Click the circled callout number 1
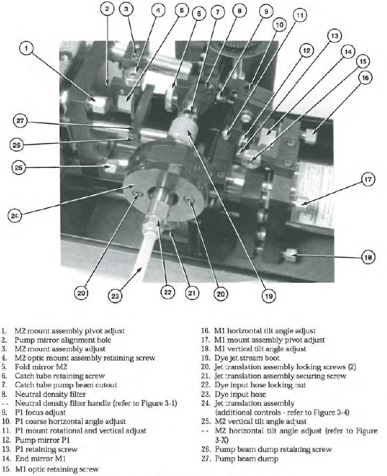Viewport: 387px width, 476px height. (27, 48)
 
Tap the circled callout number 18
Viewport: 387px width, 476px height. (368, 257)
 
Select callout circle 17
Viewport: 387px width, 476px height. (368, 180)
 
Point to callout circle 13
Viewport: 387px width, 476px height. (335, 36)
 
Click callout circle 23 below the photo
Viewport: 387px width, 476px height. (115, 295)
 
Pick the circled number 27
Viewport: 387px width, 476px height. (20, 121)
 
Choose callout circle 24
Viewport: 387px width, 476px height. (15, 216)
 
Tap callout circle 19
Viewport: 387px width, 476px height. (269, 295)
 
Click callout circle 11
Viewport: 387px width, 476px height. (300, 16)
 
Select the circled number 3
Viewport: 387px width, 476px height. (126, 9)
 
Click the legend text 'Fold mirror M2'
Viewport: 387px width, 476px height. (41, 367)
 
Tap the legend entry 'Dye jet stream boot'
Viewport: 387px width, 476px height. (247, 358)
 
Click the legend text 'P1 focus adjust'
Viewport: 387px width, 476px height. (41, 412)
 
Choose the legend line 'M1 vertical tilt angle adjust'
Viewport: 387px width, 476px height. (260, 349)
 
